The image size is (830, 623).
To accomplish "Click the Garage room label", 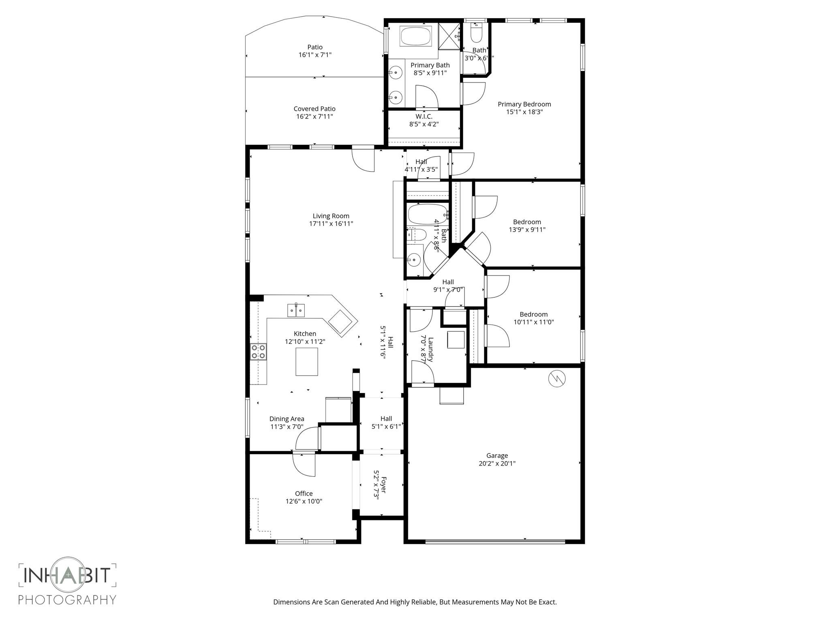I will pyautogui.click(x=497, y=455).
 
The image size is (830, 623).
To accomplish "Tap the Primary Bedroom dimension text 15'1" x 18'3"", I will pyautogui.click(x=524, y=112).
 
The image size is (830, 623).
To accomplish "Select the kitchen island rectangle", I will pyautogui.click(x=306, y=361).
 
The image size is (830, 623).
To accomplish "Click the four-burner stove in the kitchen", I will pyautogui.click(x=258, y=351).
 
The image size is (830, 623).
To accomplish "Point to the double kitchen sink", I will pyautogui.click(x=296, y=310).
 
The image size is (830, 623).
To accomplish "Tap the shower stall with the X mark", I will pyautogui.click(x=449, y=37).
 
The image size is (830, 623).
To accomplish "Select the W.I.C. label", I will pyautogui.click(x=424, y=116).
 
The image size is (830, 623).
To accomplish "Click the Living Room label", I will pyautogui.click(x=331, y=216).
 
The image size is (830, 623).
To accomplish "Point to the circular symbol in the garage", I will pyautogui.click(x=557, y=378).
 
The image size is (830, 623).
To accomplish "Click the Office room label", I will pyautogui.click(x=304, y=493).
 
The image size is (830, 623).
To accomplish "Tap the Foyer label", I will pyautogui.click(x=383, y=485).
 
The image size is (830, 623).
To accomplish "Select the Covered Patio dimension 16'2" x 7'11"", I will pyautogui.click(x=314, y=116).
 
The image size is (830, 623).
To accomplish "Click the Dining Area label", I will pyautogui.click(x=287, y=419).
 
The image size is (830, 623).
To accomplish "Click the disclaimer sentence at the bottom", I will pyautogui.click(x=415, y=602).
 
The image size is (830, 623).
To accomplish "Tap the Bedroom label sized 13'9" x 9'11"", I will pyautogui.click(x=527, y=222).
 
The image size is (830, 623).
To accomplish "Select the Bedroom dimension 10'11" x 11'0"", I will pyautogui.click(x=533, y=322).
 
